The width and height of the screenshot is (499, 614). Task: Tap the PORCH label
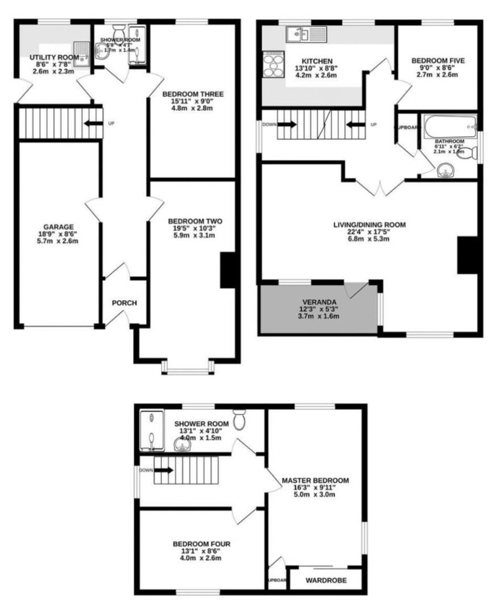[x=124, y=302]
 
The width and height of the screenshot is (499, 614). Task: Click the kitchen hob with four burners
[x=273, y=64]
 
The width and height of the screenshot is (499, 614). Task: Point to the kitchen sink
[x=298, y=35]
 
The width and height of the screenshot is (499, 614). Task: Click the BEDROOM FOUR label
[x=202, y=544]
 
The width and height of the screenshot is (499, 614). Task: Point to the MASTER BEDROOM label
[x=315, y=480]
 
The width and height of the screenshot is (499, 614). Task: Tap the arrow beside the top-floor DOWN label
[x=164, y=470]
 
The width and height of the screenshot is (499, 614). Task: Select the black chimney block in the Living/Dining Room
[x=468, y=256]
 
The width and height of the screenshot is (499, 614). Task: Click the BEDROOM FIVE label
[x=437, y=60]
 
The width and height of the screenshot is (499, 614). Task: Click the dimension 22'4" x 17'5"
[x=369, y=232]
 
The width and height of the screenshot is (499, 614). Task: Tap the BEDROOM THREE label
[x=192, y=94]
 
